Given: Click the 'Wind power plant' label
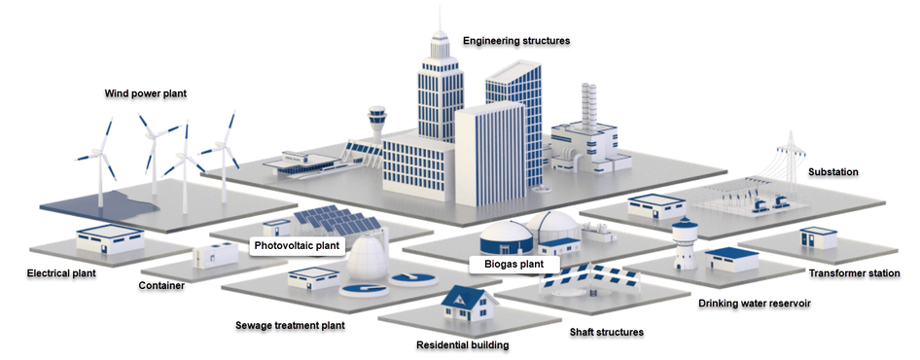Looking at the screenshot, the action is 146,93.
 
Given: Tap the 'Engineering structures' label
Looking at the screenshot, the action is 516,41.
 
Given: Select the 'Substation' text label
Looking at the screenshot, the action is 833,172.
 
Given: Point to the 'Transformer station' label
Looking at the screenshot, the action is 854,273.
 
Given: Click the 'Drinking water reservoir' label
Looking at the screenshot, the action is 755,303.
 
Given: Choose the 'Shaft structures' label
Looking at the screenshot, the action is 607,332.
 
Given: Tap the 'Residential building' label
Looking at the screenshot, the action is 462,344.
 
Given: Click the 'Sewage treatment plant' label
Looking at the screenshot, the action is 290,325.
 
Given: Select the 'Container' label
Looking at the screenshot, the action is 161,286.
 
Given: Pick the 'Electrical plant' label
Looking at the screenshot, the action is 61,273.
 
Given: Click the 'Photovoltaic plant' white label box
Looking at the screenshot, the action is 297,245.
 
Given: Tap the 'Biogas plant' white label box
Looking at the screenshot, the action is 514,265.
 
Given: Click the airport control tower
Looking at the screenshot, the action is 376,124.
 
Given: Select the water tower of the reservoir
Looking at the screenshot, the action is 684,243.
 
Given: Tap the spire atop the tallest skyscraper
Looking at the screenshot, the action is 440,18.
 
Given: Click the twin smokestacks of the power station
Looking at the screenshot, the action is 588,106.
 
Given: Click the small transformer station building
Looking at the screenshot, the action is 818,237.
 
